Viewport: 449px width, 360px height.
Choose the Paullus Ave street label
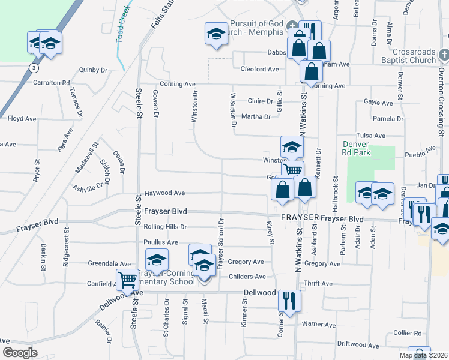[x=161, y=242]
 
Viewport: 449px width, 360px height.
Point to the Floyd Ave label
[x=22, y=119]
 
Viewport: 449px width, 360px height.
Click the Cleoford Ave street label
[x=259, y=69]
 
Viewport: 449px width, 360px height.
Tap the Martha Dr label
[x=256, y=116]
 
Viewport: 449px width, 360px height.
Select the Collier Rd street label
[x=408, y=333]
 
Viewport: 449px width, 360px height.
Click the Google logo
[x=20, y=353]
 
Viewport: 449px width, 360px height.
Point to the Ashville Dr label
[x=88, y=188]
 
